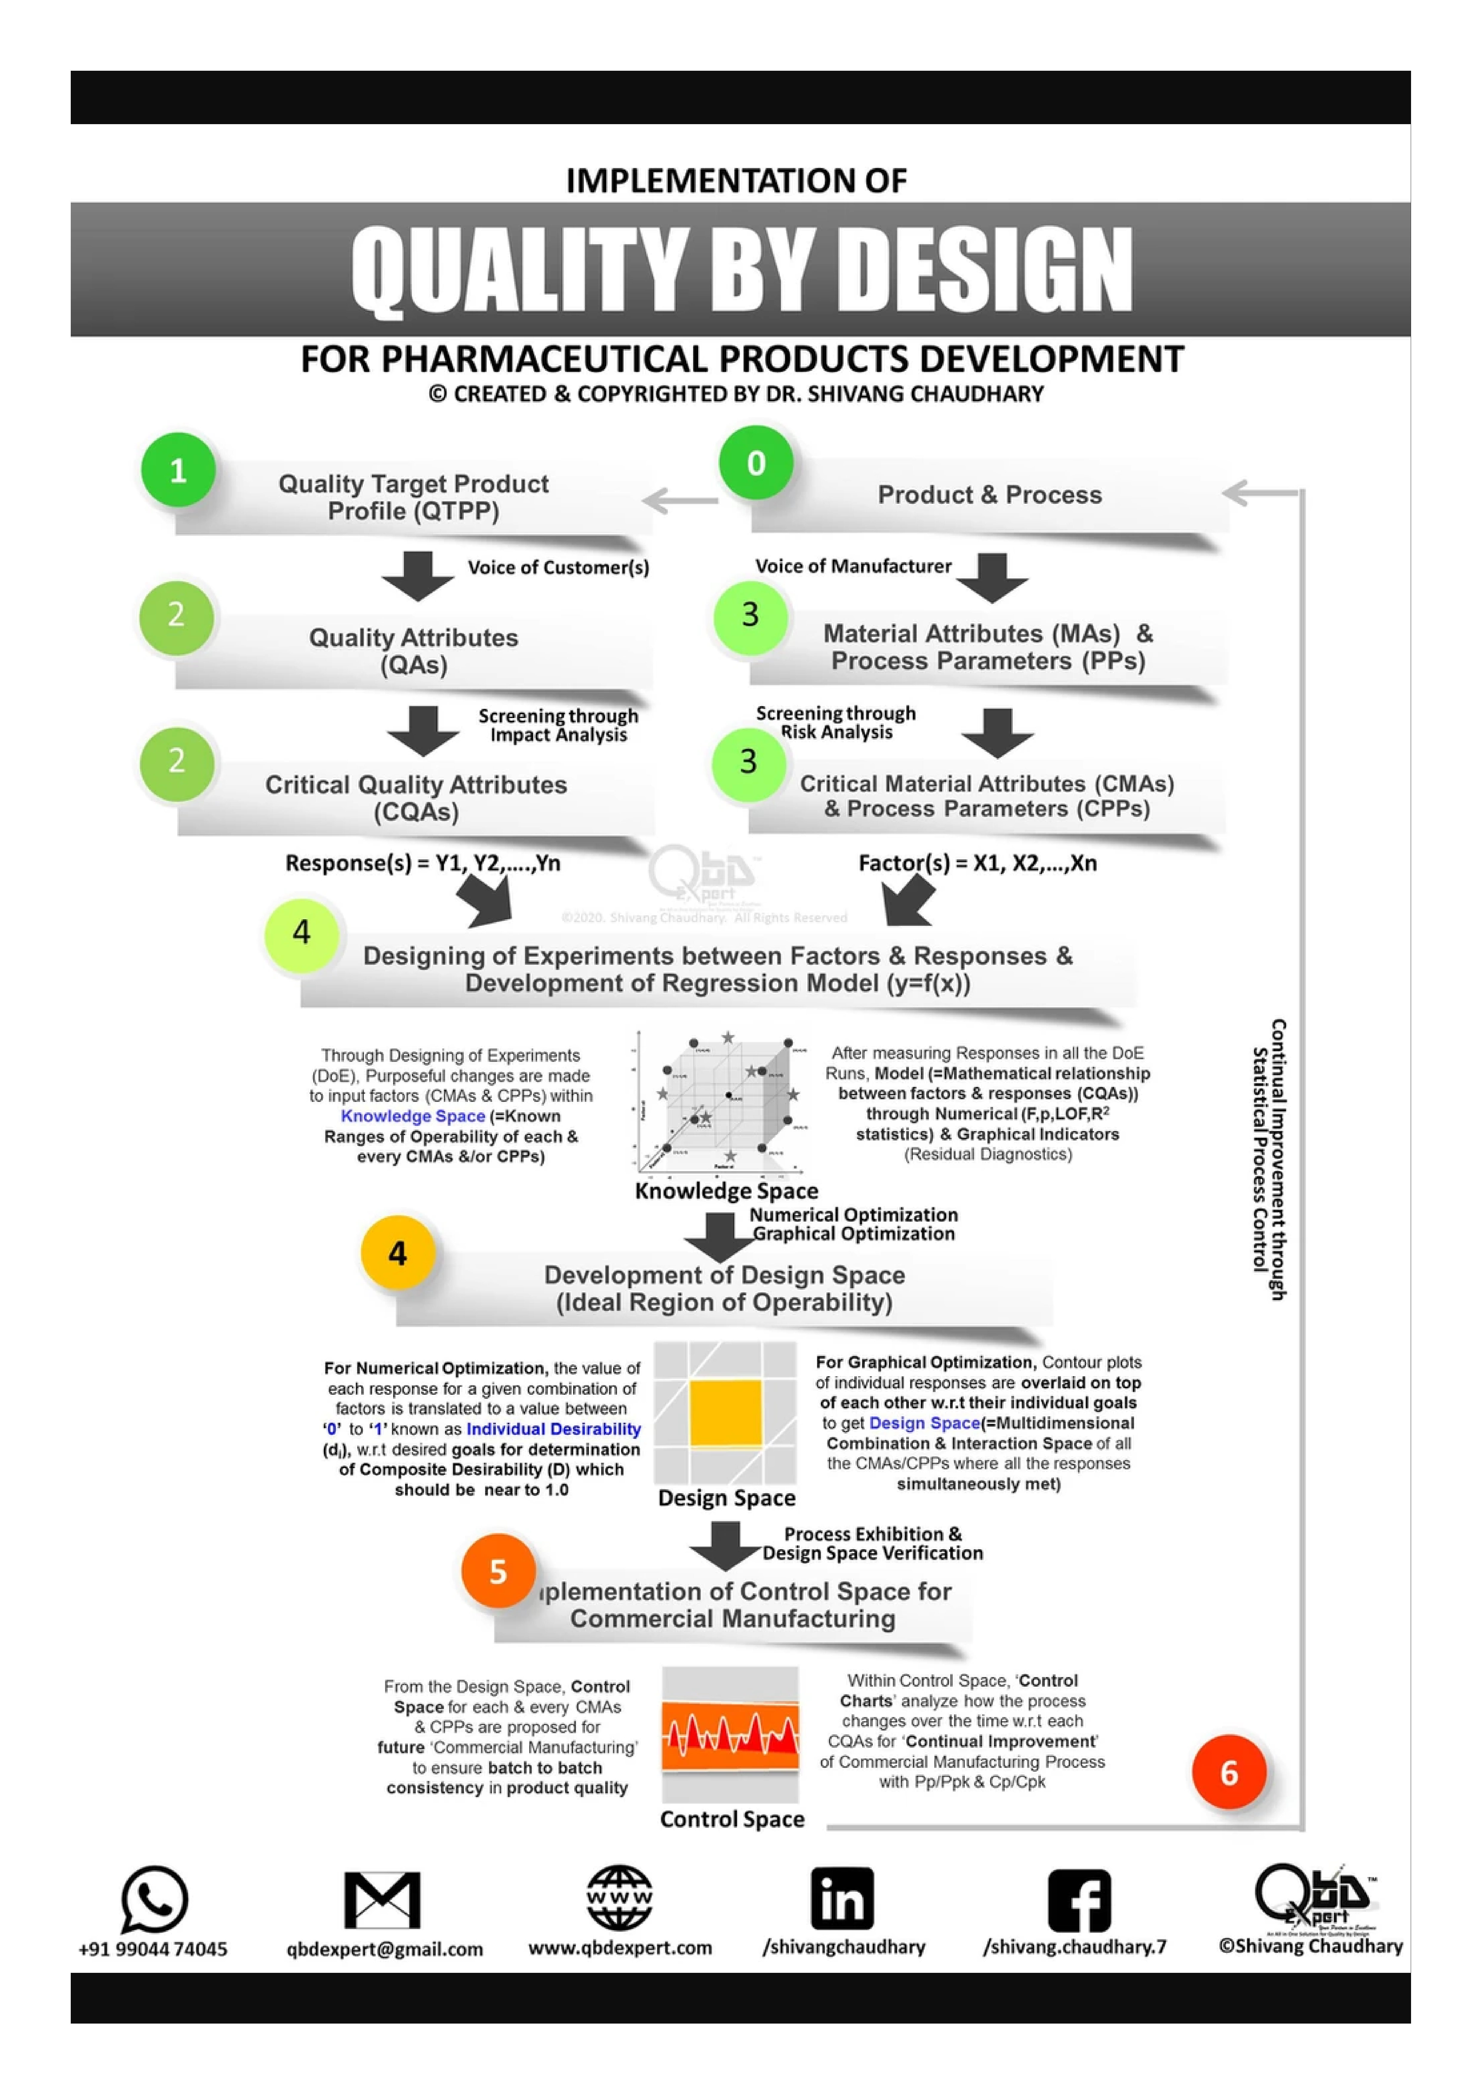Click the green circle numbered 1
pos(178,471)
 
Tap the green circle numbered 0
pos(756,463)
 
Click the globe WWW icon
pos(619,1897)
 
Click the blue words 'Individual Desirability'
pos(553,1429)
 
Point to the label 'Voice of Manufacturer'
pos(853,566)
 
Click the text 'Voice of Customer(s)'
pos(558,567)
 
